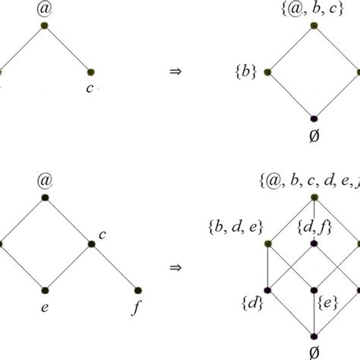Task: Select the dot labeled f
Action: [x=138, y=290]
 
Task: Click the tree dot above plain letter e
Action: [x=46, y=290]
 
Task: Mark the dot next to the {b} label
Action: [x=268, y=72]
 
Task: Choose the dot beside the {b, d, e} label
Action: [x=268, y=244]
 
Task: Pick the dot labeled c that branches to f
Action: [x=92, y=244]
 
